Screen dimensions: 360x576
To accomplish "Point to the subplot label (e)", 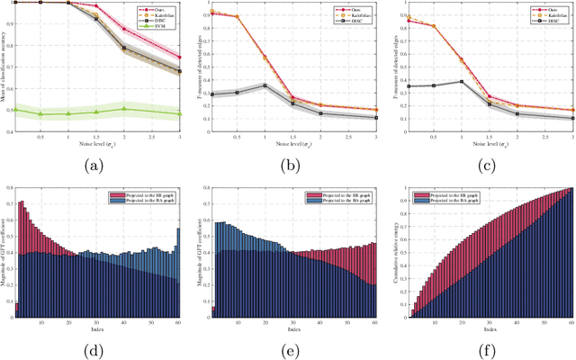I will pyautogui.click(x=292, y=349).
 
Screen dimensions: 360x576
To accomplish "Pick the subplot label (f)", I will pyautogui.click(x=483, y=349).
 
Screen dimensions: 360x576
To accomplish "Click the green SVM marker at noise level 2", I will pyautogui.click(x=123, y=109).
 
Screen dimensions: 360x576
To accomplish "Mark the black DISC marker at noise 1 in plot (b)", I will pyautogui.click(x=265, y=85).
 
